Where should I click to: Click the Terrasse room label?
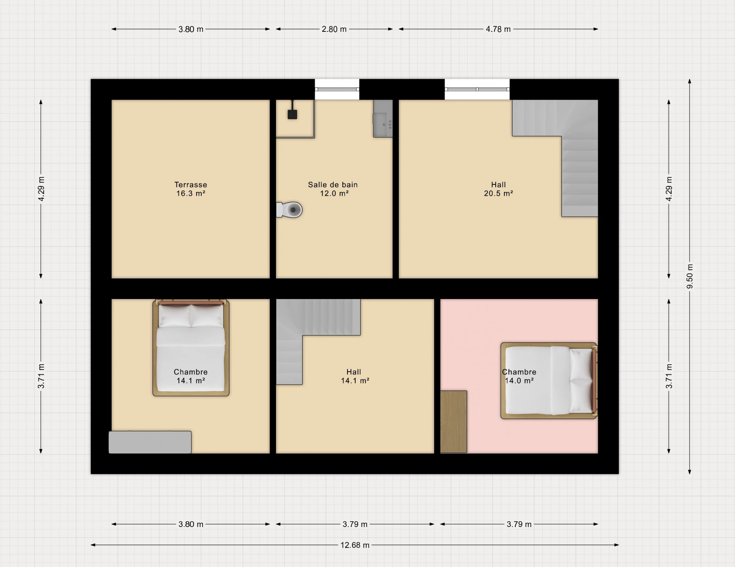coord(191,185)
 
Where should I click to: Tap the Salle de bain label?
coord(333,185)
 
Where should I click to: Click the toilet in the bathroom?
coord(290,210)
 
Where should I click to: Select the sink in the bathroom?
coord(383,119)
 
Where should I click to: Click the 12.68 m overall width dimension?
coord(355,545)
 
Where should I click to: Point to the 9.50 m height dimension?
coord(690,276)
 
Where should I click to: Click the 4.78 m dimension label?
coord(498,29)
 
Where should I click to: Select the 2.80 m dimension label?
coord(334,29)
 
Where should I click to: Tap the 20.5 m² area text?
coord(499,193)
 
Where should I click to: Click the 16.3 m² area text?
coord(191,193)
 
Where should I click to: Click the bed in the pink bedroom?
coord(549,381)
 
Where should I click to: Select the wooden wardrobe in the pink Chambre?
coord(454,421)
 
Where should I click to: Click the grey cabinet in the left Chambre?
coord(150,442)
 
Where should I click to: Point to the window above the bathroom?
coord(337,89)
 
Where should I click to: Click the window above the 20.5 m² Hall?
coord(477,89)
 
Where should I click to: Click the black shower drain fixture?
coord(292,114)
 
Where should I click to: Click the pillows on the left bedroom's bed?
coord(191,316)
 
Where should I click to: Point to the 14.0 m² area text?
coord(519,381)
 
